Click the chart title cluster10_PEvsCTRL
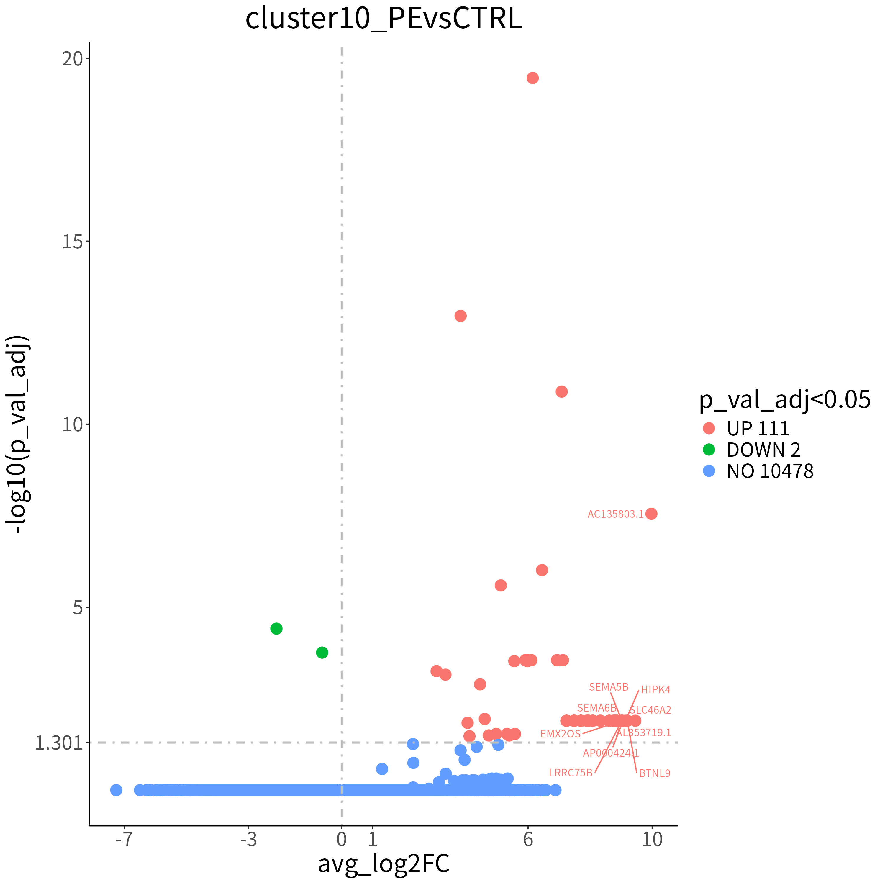[383, 19]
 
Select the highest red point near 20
[532, 78]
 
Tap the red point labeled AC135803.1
[651, 514]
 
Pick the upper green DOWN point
[276, 628]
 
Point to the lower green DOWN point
[322, 652]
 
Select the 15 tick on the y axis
[72, 241]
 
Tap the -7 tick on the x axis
[124, 840]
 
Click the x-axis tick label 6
[528, 840]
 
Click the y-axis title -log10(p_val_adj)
[18, 434]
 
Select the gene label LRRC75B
[571, 773]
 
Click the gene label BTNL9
[655, 774]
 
